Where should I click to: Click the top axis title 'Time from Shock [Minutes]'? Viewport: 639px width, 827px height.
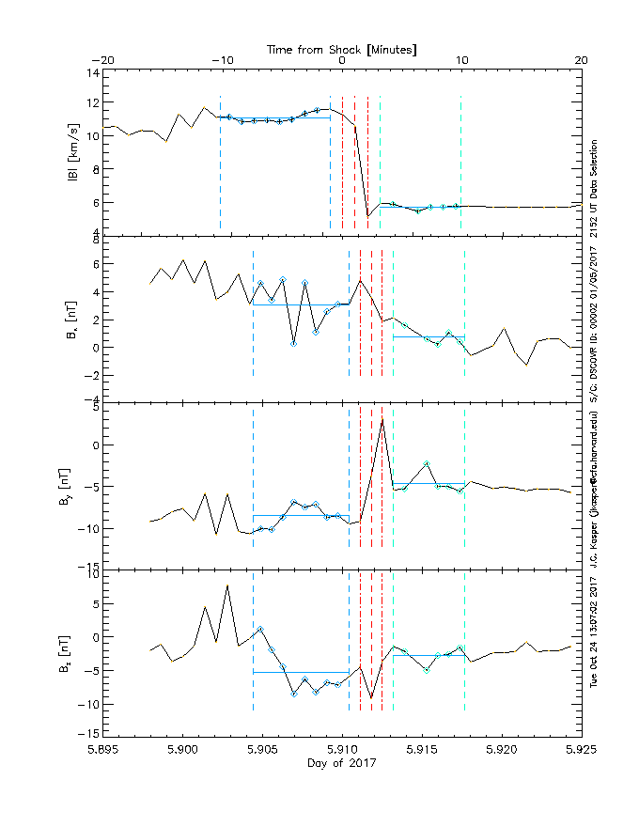[x=341, y=48]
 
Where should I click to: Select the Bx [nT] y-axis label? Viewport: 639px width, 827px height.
[x=72, y=319]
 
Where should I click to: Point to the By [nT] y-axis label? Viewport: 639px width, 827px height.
[x=72, y=485]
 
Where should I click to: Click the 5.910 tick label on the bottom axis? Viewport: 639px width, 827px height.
[x=342, y=751]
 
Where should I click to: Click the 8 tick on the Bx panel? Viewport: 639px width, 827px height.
[x=97, y=239]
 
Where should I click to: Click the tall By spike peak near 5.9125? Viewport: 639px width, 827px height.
[x=382, y=419]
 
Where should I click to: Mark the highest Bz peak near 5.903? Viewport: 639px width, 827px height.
[x=227, y=585]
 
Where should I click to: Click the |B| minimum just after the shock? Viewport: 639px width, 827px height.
[x=368, y=216]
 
